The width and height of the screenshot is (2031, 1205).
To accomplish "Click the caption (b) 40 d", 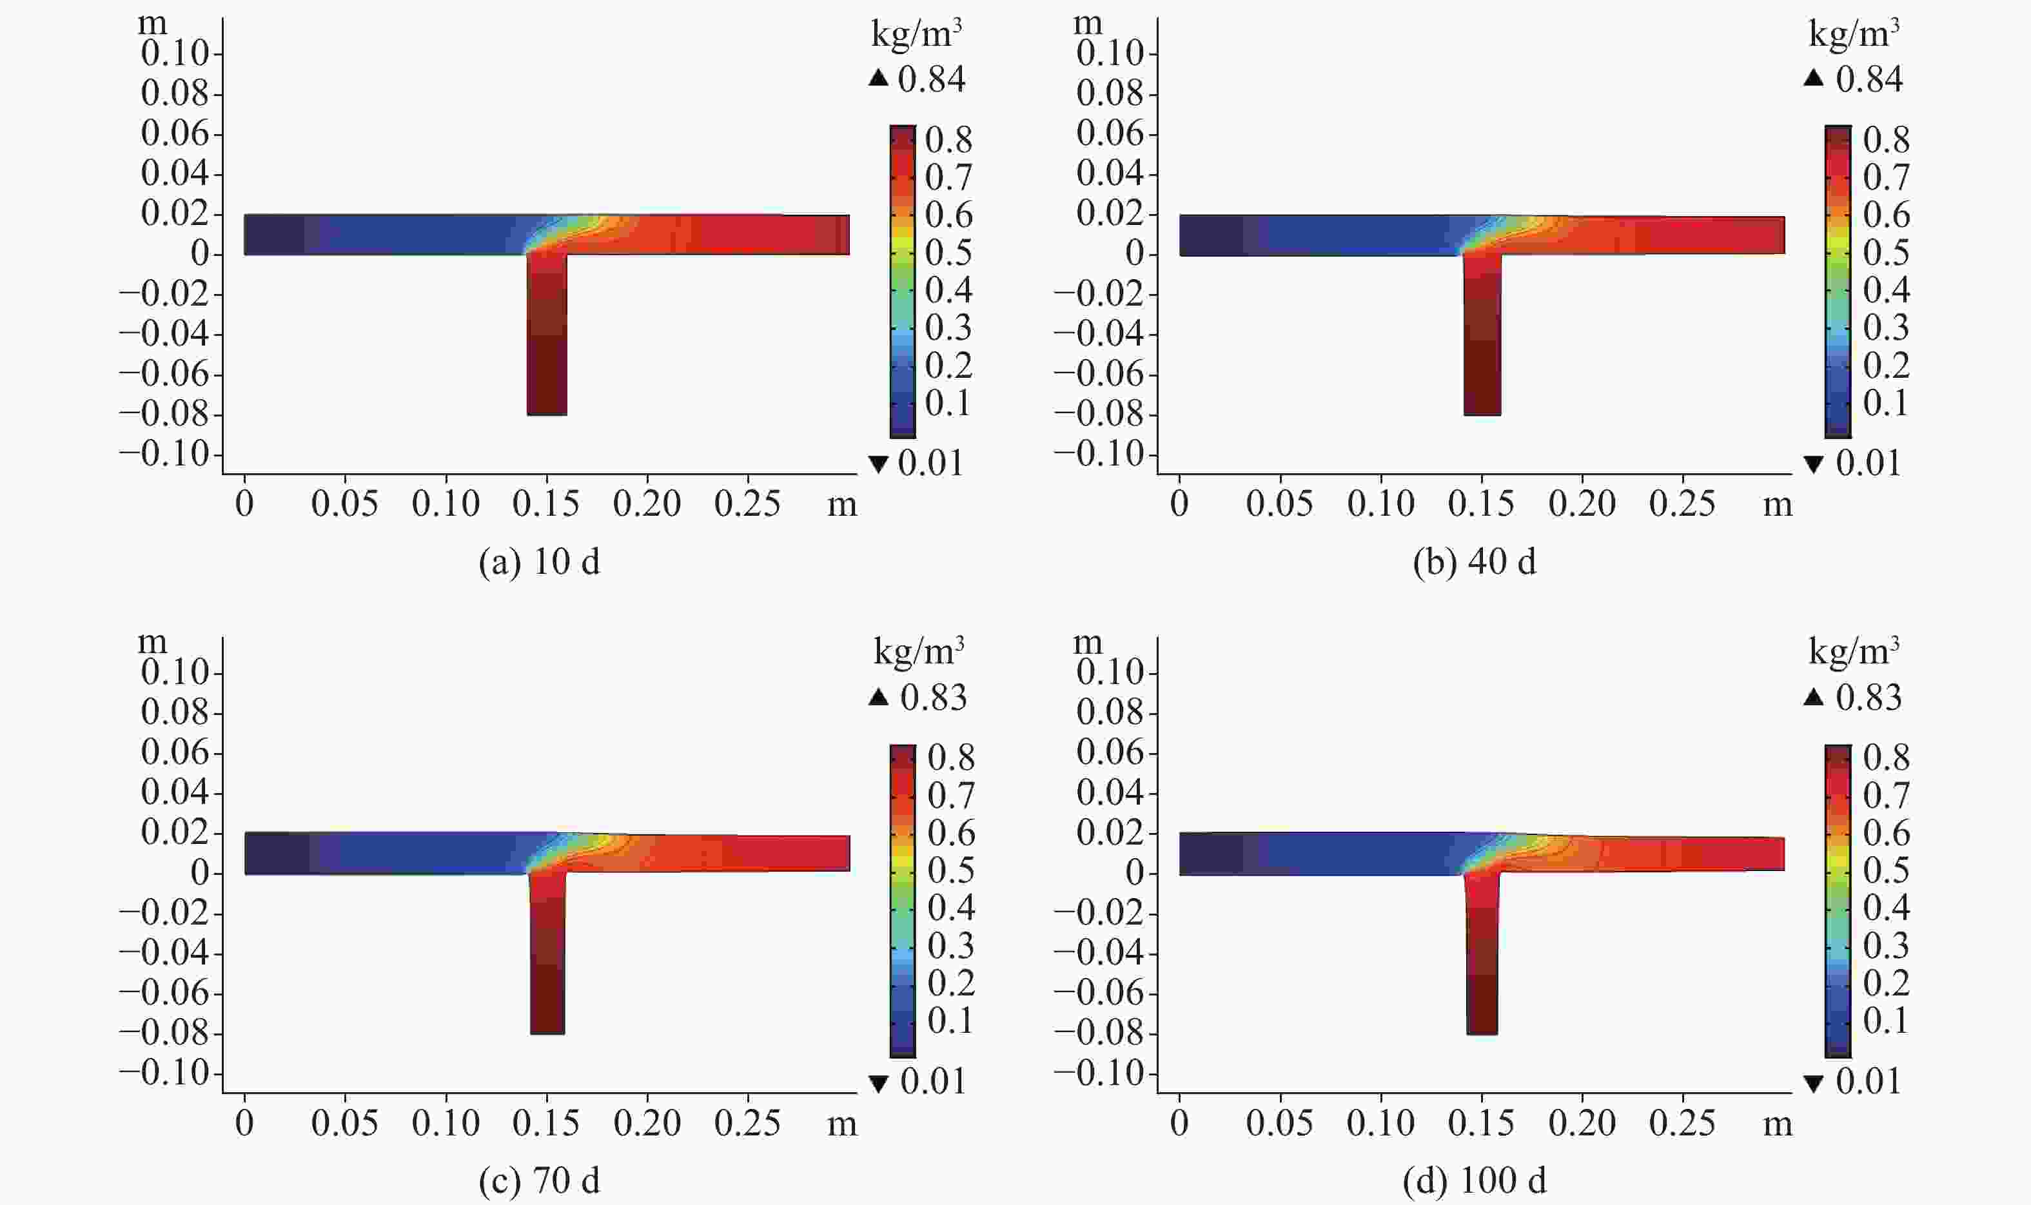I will [x=1475, y=563].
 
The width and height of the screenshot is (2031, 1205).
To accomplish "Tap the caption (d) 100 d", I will [x=1475, y=1181].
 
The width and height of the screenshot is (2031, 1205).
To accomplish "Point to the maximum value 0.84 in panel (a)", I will [x=932, y=79].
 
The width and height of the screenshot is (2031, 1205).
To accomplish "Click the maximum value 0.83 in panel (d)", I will [x=1869, y=698].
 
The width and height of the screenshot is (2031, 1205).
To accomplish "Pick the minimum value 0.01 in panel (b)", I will [x=1869, y=464].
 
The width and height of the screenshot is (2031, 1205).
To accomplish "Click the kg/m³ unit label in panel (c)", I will [x=918, y=651].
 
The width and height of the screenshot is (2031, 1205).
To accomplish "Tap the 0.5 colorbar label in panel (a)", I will [x=948, y=253].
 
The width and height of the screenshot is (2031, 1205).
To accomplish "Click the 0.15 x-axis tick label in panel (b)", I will [x=1481, y=504].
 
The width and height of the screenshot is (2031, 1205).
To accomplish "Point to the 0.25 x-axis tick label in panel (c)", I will [x=747, y=1123].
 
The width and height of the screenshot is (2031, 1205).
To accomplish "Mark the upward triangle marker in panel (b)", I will [x=1813, y=79].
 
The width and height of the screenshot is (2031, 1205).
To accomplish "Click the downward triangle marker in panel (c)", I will [x=878, y=1083].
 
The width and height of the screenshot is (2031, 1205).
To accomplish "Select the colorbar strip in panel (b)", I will [x=1838, y=282].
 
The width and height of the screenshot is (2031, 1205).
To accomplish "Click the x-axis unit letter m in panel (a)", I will [x=842, y=505].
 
